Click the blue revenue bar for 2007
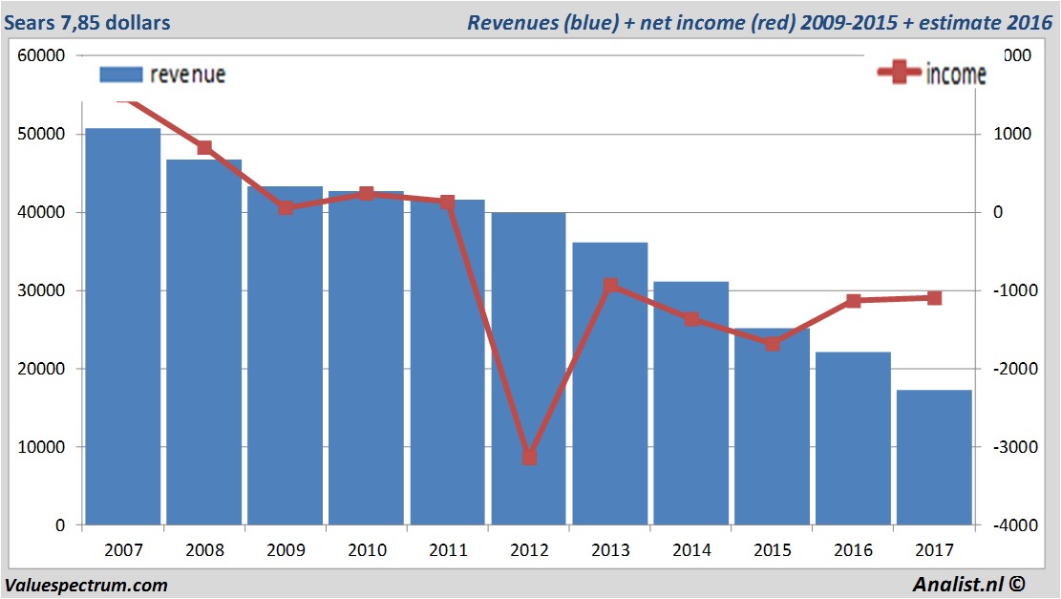(x=123, y=325)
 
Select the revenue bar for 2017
(x=934, y=457)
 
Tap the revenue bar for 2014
(x=690, y=402)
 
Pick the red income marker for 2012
(x=529, y=457)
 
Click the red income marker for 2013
(x=610, y=286)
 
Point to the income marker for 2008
(x=204, y=148)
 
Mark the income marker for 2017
(x=934, y=298)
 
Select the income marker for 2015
(x=773, y=344)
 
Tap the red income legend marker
(x=899, y=74)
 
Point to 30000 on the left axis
(x=41, y=290)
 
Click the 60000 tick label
(x=41, y=55)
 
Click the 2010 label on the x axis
(x=367, y=551)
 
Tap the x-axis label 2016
(x=853, y=551)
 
